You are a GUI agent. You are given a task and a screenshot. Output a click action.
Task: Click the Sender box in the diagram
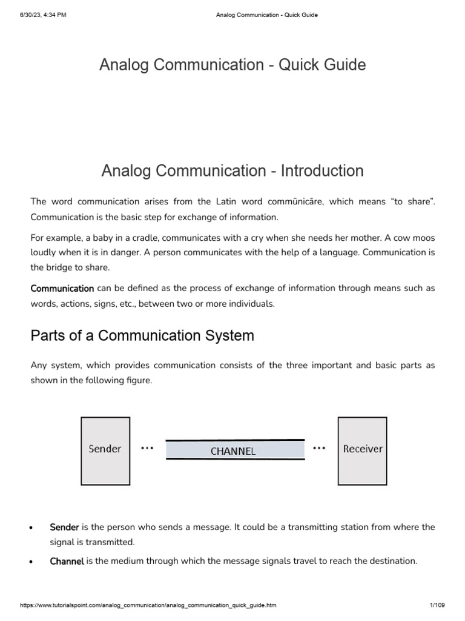tap(105, 449)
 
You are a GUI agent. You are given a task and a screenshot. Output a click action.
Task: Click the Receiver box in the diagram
tap(363, 449)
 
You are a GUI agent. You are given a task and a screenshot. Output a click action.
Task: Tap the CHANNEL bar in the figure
tap(235, 450)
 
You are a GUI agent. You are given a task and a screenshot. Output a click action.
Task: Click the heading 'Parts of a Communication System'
tap(142, 335)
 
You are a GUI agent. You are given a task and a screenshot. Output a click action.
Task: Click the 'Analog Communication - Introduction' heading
tap(232, 171)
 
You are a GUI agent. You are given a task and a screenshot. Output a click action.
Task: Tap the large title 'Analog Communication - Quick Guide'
tap(232, 65)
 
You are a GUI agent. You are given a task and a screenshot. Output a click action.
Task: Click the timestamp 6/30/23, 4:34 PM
tap(43, 15)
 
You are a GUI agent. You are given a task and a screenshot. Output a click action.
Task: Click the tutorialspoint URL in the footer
tap(149, 605)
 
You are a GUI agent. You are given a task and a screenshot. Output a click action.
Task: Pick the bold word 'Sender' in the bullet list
tap(64, 527)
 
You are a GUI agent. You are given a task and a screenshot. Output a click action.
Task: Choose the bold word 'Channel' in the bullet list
tap(67, 561)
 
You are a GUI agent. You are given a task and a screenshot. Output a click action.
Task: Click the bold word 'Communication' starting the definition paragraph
tap(62, 289)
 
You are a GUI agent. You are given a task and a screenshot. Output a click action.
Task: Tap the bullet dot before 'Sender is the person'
tap(31, 528)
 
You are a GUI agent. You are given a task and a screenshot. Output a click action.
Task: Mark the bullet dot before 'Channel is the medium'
tap(31, 562)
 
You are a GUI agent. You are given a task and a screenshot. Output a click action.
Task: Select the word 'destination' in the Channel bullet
tap(391, 561)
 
